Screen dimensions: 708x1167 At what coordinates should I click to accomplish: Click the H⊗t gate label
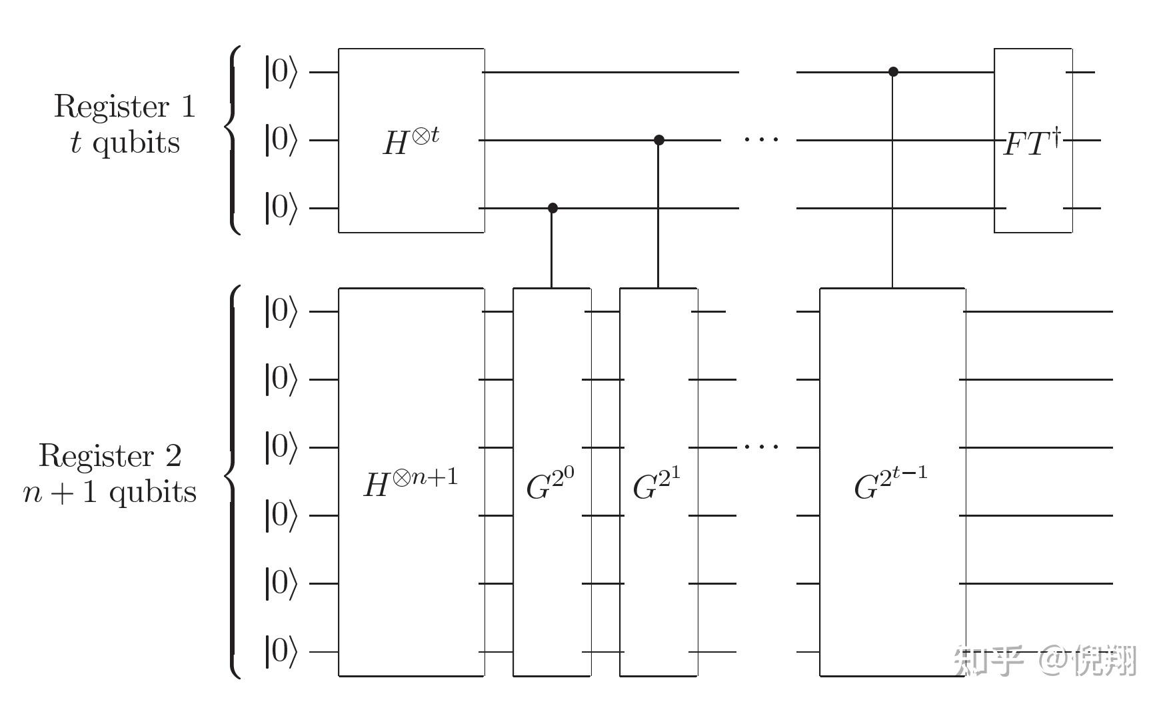click(x=411, y=141)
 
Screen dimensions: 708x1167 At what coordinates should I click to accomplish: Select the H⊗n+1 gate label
click(x=411, y=483)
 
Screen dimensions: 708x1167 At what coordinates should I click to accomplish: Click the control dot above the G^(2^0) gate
click(x=553, y=208)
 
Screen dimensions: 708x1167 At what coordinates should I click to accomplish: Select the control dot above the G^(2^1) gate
click(x=659, y=140)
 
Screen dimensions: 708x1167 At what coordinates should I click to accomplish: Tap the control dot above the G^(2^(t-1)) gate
click(x=894, y=71)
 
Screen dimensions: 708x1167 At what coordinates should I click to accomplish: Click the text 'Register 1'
click(x=125, y=107)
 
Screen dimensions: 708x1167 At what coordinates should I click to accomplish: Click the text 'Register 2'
click(x=110, y=456)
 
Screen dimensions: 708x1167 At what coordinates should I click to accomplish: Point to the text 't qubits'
click(x=125, y=143)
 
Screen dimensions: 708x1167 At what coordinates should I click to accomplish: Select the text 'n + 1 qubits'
click(x=110, y=492)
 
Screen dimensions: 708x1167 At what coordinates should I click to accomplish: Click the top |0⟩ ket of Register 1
click(x=281, y=71)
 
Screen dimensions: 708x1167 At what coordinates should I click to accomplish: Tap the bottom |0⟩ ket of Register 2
click(x=281, y=651)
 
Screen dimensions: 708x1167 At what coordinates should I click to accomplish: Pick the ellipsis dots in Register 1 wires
click(x=760, y=139)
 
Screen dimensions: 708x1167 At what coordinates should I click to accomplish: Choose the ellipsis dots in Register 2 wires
click(x=760, y=446)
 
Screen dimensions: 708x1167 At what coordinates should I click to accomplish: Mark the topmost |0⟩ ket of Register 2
click(x=281, y=311)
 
